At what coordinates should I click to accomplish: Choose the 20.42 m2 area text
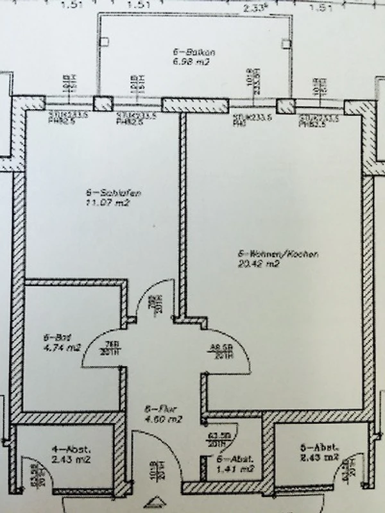click(x=260, y=264)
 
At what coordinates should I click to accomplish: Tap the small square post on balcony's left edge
click(x=106, y=42)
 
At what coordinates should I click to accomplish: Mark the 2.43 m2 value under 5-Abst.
click(x=319, y=457)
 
